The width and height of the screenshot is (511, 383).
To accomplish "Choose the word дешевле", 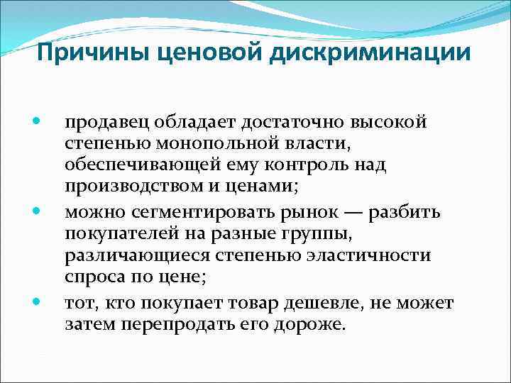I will pos(326,304).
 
